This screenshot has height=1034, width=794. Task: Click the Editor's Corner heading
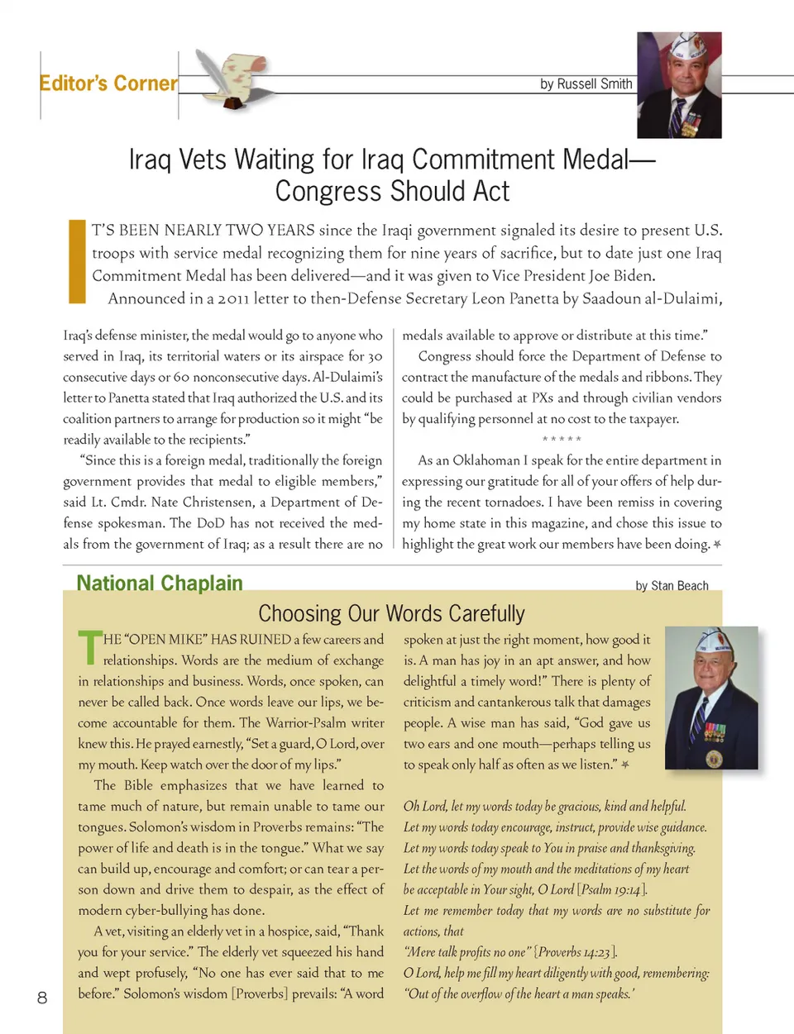tap(108, 83)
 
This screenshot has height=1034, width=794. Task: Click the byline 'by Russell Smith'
tap(586, 83)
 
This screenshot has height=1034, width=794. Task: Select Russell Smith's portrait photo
tap(679, 85)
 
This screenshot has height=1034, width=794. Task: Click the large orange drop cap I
tap(77, 261)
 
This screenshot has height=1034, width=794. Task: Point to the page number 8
tap(42, 998)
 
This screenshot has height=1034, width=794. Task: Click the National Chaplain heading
tap(160, 584)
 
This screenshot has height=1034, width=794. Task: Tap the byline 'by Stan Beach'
tap(672, 586)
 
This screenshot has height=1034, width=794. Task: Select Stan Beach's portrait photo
tap(711, 698)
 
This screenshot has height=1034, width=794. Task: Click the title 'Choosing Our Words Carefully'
tap(391, 613)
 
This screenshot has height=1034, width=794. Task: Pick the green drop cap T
tap(88, 648)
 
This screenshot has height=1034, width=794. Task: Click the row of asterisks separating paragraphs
tap(562, 440)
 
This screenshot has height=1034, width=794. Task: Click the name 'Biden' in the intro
tap(633, 276)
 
